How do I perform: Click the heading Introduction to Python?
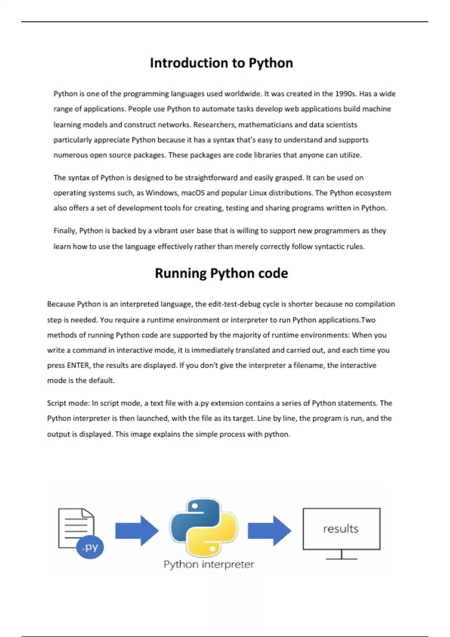pos(221,63)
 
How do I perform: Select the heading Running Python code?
pos(221,273)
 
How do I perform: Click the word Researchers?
pos(214,124)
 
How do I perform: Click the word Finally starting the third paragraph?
pos(65,231)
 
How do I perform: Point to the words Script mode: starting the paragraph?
pos(68,403)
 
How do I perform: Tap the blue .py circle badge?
pos(90,547)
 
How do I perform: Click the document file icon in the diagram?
pos(76,528)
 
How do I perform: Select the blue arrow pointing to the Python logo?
pos(137,531)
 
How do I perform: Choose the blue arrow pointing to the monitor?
pos(270,531)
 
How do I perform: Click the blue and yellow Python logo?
pos(203,528)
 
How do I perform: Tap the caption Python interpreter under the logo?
pos(208,564)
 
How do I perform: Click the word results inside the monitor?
pos(341,529)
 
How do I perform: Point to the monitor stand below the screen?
pos(341,555)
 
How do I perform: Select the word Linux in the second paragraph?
pos(258,193)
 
